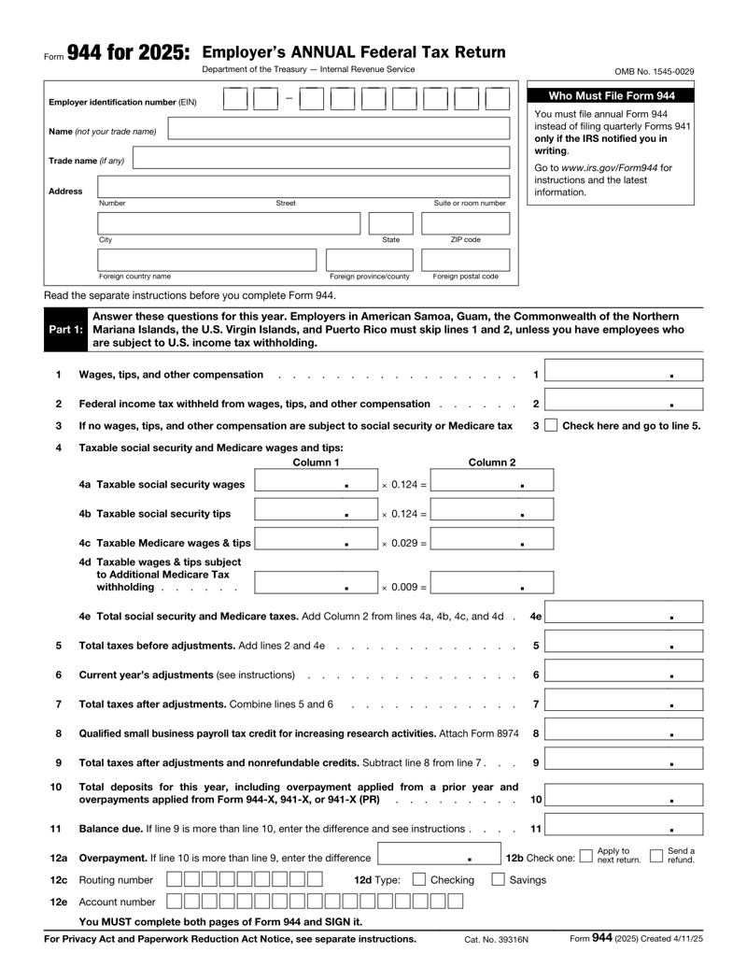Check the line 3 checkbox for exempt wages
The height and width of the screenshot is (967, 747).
(551, 426)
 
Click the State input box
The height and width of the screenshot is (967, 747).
(390, 222)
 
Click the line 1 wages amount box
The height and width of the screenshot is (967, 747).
(624, 375)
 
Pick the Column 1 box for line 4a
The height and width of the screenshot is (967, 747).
(316, 484)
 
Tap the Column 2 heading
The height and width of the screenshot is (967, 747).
(491, 462)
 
